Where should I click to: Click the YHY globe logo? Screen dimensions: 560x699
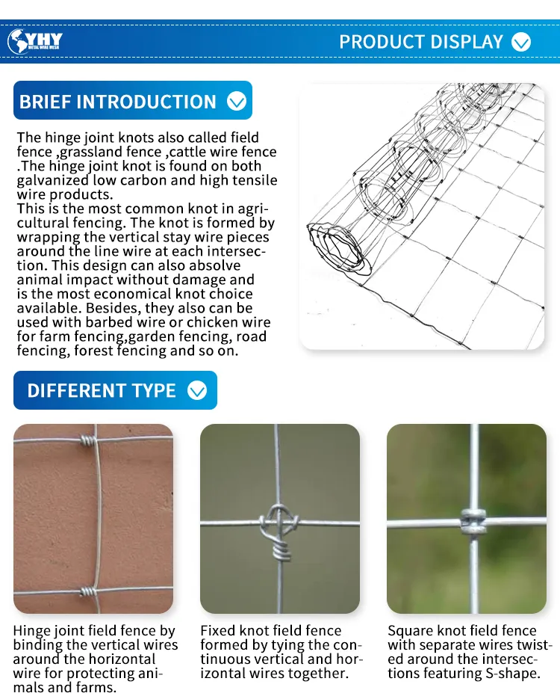35,41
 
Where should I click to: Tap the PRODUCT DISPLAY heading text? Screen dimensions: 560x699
421,42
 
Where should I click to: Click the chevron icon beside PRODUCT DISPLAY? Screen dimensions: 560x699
521,43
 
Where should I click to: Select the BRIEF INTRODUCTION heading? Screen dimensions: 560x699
117,102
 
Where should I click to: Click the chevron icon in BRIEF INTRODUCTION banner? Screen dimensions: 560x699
237,101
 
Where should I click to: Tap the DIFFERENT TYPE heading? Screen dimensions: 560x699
102,390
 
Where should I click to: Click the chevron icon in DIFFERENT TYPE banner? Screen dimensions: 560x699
197,390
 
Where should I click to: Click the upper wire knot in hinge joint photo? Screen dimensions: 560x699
89,440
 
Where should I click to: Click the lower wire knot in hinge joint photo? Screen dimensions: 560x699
89,591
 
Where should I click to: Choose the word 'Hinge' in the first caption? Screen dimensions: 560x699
31,631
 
